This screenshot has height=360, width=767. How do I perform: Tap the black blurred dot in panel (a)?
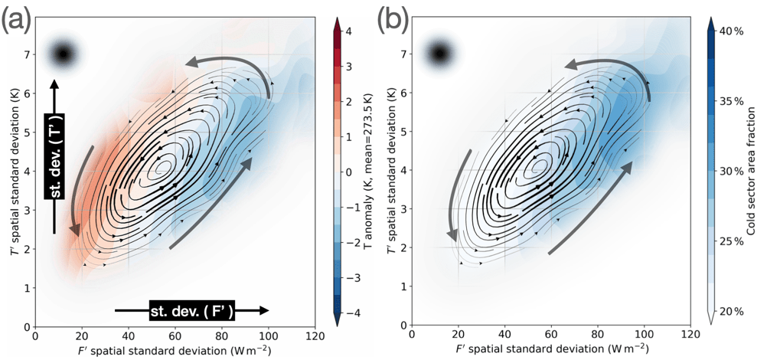click(64, 54)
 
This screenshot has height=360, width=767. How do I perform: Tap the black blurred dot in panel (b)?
click(439, 54)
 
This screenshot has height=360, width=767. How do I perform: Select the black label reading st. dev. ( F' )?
click(191, 310)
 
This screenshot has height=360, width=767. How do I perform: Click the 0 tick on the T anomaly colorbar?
click(347, 172)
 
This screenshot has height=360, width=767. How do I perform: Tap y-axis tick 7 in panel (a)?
click(27, 54)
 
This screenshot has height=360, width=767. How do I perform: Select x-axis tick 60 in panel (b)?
click(551, 335)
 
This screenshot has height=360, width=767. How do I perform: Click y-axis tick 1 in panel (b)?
click(403, 288)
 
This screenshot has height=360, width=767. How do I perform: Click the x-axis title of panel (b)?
click(551, 350)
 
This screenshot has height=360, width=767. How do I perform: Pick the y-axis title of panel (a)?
click(10, 172)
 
